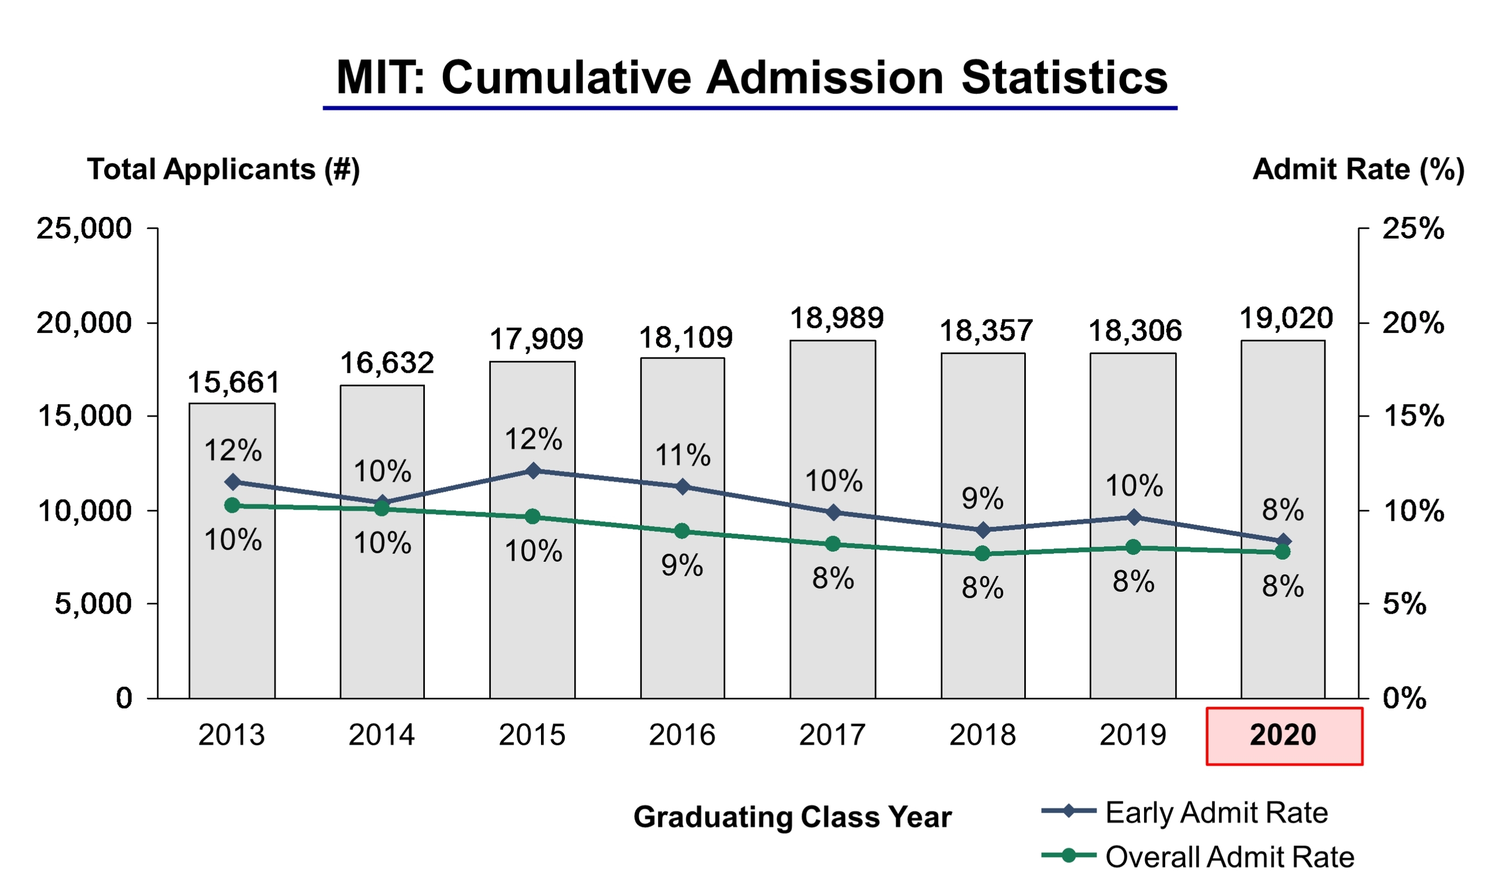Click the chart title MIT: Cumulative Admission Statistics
751,78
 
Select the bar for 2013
232,550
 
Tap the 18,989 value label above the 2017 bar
836,318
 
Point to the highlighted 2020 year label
1284,736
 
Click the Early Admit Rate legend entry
1185,812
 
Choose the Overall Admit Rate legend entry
1198,856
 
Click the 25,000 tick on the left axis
84,228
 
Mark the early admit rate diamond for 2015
533,471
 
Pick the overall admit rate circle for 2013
232,506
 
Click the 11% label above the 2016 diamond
682,455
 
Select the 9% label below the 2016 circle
682,565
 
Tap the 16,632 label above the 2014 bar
387,363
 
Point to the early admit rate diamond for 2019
1134,517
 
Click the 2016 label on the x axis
682,734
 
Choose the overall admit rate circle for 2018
983,553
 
